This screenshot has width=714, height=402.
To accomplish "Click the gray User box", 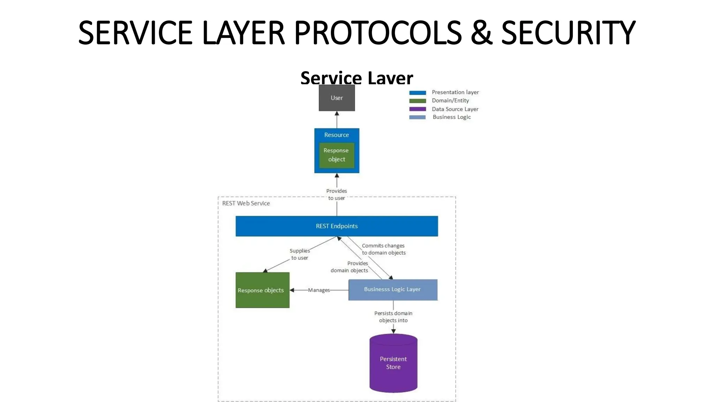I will [336, 98].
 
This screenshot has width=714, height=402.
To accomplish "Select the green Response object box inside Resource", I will [336, 155].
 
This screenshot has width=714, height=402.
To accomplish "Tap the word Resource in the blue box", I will [336, 135].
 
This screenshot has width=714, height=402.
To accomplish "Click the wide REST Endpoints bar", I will [336, 226].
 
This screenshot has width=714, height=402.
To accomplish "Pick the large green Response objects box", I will [262, 290].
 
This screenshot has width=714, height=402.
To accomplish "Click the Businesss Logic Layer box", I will [393, 290].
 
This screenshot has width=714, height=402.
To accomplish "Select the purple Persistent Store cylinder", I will [393, 363].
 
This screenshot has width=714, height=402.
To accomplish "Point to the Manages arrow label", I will [319, 290].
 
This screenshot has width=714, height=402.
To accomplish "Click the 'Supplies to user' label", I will [299, 254].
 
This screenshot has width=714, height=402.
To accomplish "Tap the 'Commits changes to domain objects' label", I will [383, 249].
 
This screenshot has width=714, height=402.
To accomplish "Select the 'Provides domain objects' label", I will [349, 267].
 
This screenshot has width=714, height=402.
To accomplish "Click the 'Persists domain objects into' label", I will [393, 317].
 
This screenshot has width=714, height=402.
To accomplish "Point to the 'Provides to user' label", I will [336, 194].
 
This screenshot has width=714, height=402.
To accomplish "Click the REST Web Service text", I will [246, 203].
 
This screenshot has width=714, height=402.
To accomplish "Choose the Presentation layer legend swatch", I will [417, 93].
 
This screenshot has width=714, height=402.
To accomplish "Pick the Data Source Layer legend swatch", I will [417, 109].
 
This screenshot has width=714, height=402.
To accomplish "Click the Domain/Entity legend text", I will [450, 100].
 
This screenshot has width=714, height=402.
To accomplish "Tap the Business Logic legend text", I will [451, 117].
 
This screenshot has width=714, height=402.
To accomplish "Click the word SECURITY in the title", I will [568, 33].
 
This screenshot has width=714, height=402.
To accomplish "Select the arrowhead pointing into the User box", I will [337, 113].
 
